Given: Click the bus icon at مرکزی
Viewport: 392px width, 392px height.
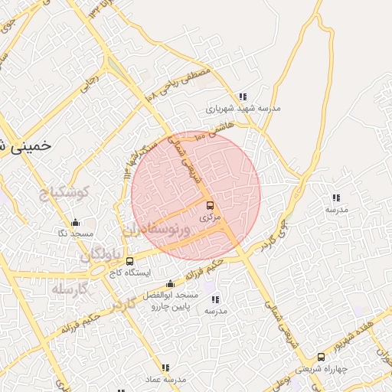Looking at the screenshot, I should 210,206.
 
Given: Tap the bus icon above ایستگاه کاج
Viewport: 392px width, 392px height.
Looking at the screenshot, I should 129,261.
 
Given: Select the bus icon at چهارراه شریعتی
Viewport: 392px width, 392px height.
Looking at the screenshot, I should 320,356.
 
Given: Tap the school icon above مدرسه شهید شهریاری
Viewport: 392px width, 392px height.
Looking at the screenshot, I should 243,96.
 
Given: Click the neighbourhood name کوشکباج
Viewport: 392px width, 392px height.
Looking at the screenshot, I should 64,191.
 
